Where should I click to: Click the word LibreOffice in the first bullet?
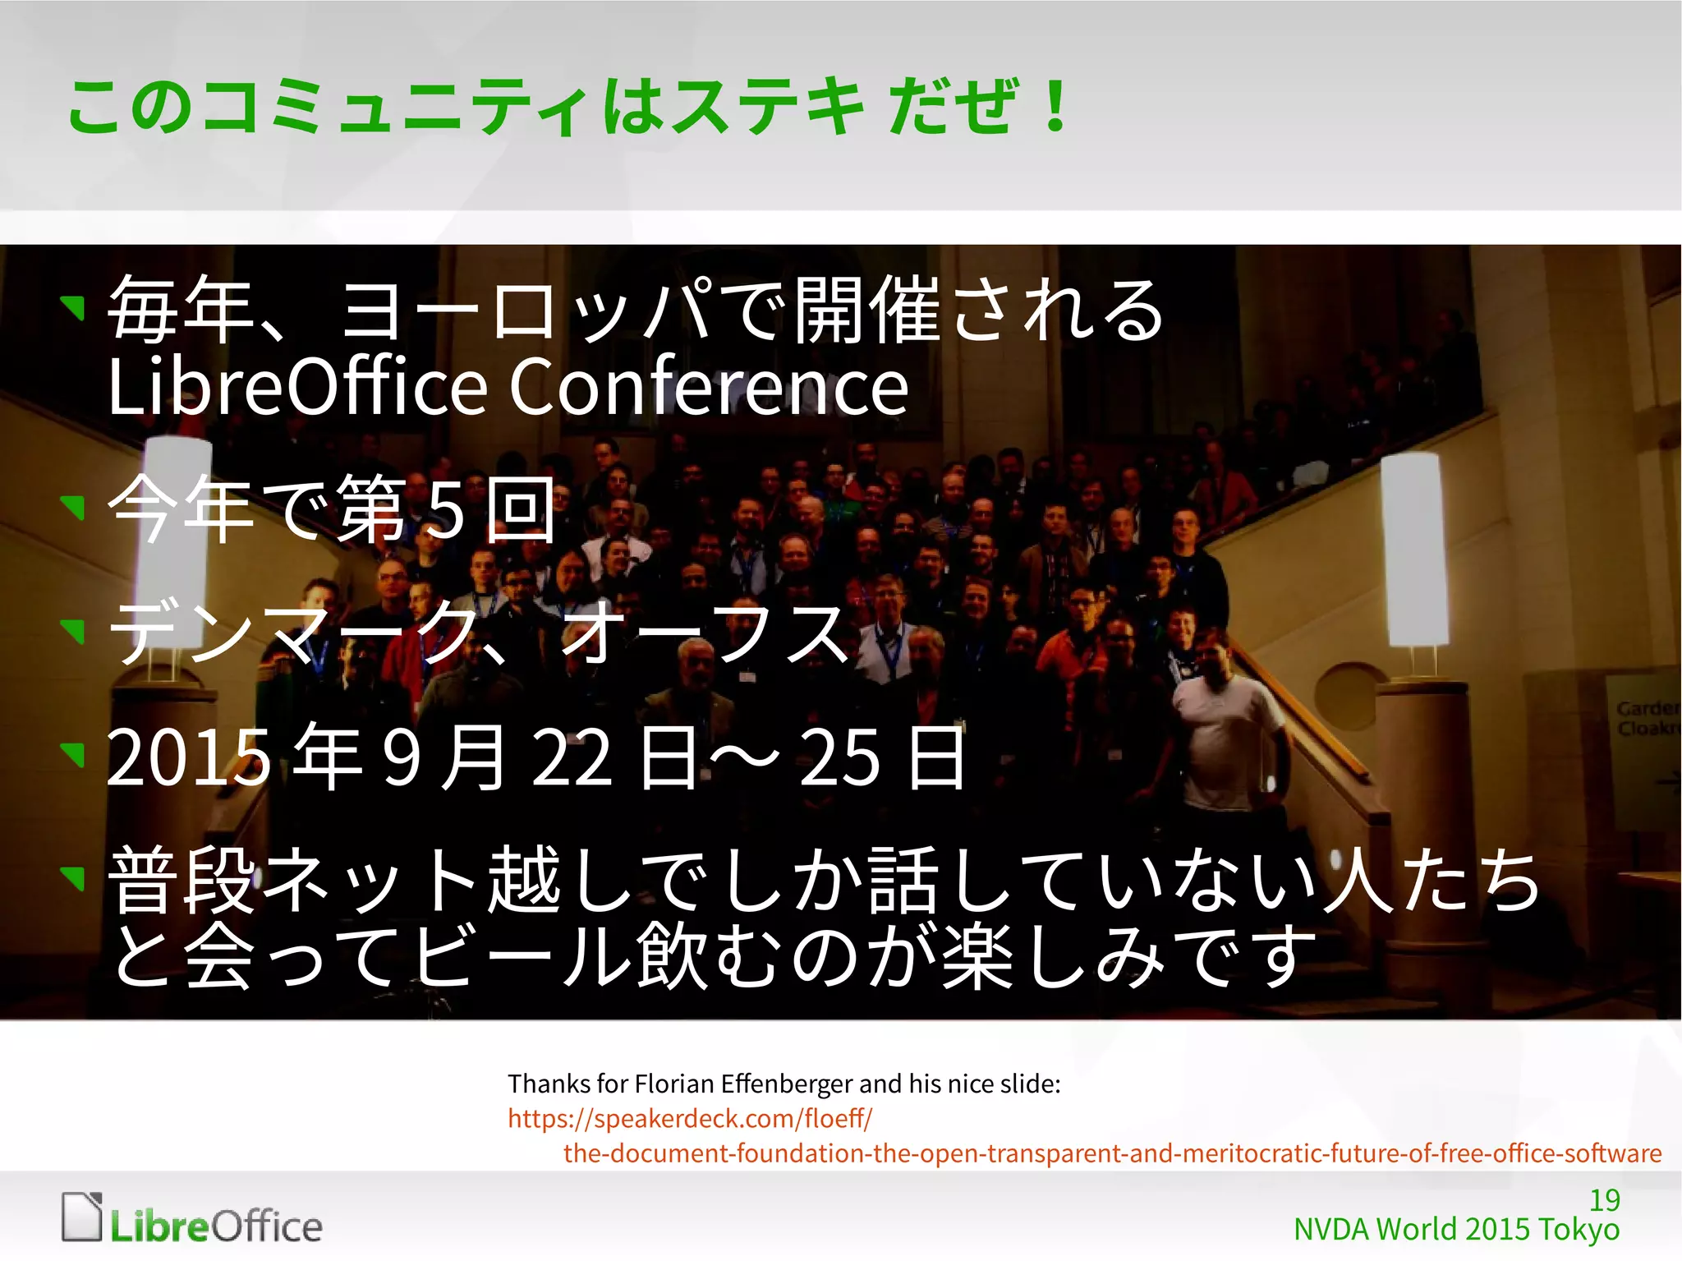pyautogui.click(x=298, y=386)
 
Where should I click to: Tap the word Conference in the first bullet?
pyautogui.click(x=709, y=386)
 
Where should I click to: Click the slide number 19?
pyautogui.click(x=1604, y=1200)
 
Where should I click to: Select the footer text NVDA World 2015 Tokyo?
pyautogui.click(x=1456, y=1230)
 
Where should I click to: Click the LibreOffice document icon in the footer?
pyautogui.click(x=82, y=1216)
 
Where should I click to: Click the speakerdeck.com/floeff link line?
pyautogui.click(x=690, y=1118)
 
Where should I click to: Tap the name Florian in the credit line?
pyautogui.click(x=674, y=1084)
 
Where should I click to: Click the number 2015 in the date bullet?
pyautogui.click(x=189, y=757)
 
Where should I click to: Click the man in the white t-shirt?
pyautogui.click(x=1223, y=723)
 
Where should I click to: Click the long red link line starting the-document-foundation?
pyautogui.click(x=1112, y=1153)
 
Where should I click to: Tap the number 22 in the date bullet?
pyautogui.click(x=572, y=757)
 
